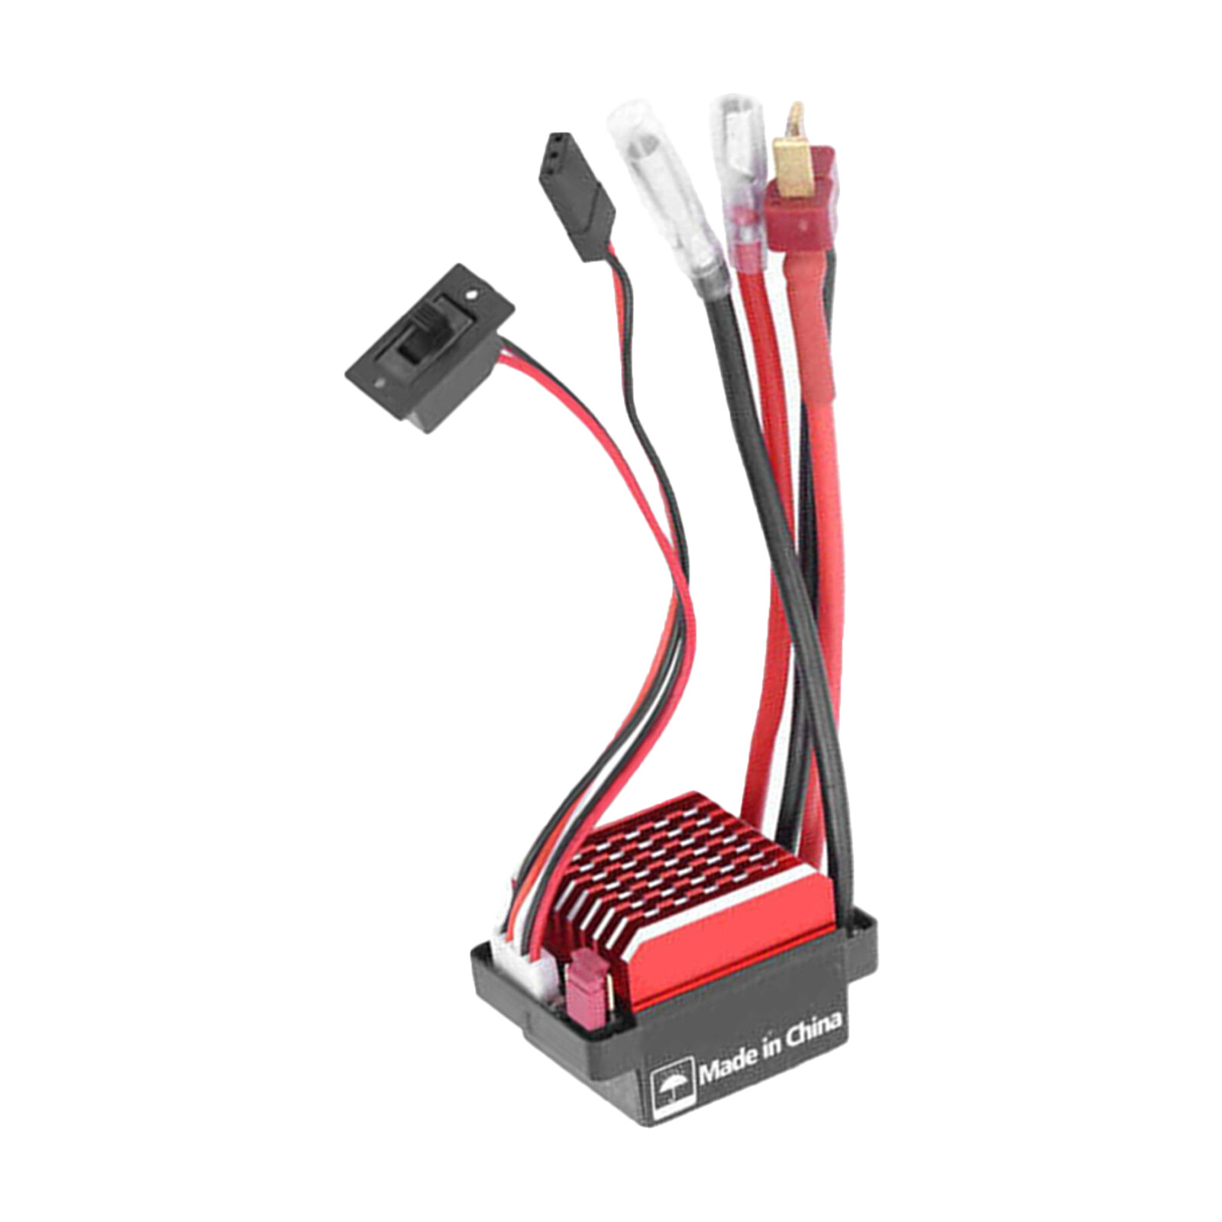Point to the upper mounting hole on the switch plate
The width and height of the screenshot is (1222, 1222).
click(x=471, y=293)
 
